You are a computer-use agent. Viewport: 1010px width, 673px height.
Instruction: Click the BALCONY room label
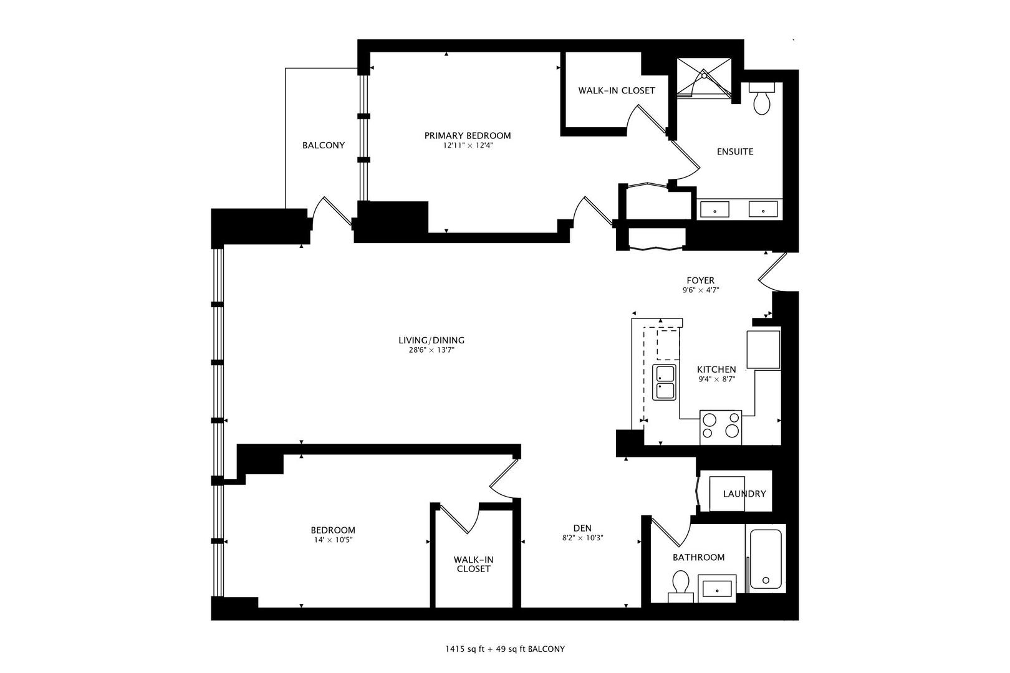323,145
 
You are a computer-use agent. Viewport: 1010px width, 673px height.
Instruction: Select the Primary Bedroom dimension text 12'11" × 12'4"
468,145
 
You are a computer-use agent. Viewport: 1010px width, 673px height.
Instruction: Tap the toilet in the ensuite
762,100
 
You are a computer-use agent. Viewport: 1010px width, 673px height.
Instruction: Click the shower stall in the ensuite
705,78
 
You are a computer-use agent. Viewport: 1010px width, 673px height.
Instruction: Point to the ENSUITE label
734,151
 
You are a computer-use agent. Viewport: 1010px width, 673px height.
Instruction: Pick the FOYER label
700,280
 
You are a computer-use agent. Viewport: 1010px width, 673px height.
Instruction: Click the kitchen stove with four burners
721,427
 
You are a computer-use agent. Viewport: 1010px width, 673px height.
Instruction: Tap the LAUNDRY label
744,494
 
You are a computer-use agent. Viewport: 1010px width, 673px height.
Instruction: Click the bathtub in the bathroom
766,559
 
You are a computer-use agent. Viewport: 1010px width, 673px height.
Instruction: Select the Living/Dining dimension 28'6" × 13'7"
431,350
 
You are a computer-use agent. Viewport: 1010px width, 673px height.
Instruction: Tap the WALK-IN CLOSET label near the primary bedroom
616,90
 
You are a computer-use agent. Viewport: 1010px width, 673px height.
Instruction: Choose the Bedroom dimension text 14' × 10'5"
333,540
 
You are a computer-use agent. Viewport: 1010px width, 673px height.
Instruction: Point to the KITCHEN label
716,370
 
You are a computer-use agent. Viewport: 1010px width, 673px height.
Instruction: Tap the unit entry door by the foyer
773,271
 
